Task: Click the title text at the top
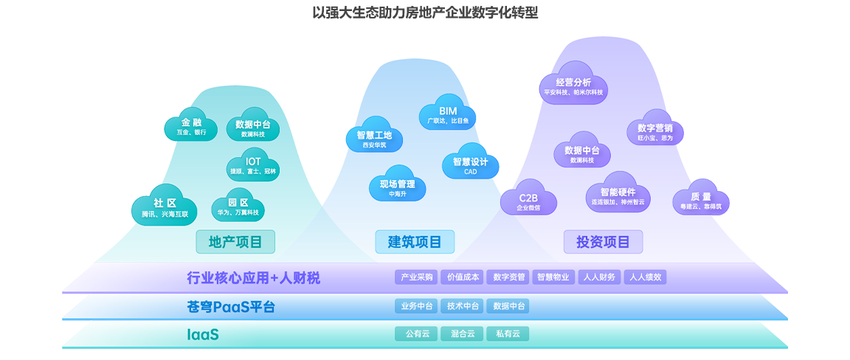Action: click(x=425, y=13)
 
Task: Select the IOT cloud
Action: click(x=253, y=165)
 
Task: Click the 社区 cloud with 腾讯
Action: click(x=165, y=207)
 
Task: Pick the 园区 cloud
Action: click(x=238, y=207)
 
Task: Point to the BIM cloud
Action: click(x=448, y=114)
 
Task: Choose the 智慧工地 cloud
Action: click(x=373, y=139)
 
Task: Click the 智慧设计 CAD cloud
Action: click(x=471, y=165)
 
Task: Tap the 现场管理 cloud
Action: click(x=398, y=187)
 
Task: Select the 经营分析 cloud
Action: click(x=573, y=86)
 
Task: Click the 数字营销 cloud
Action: click(x=655, y=131)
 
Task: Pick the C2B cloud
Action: click(x=528, y=201)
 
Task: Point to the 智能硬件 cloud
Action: click(x=618, y=195)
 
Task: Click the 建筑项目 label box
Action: click(x=415, y=242)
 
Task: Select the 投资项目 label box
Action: click(x=603, y=242)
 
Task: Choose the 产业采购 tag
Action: click(x=417, y=277)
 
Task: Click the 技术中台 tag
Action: click(x=463, y=306)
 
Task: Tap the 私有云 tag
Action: click(x=508, y=333)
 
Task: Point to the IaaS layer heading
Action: click(x=203, y=334)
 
